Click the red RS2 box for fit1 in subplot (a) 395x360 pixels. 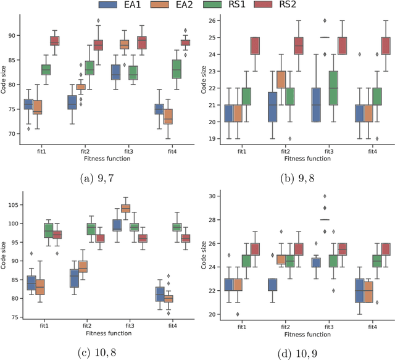point(54,41)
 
